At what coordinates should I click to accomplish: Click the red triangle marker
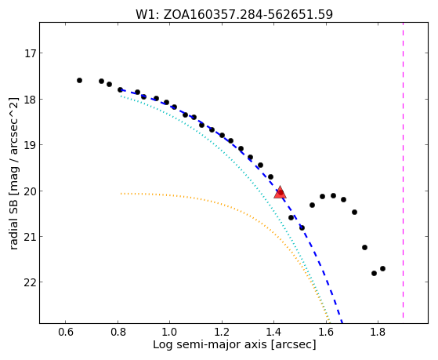[x=280, y=192]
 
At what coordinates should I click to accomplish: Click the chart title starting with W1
[x=234, y=14]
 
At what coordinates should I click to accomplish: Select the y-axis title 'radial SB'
[x=13, y=173]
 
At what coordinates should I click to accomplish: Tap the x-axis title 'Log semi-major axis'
[x=234, y=344]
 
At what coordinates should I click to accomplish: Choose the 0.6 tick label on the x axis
[x=65, y=333]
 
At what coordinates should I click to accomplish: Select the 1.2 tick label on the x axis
[x=222, y=333]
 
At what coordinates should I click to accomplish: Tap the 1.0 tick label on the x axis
[x=169, y=333]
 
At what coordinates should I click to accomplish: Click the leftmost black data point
[x=79, y=81]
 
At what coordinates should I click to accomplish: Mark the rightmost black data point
[x=382, y=268]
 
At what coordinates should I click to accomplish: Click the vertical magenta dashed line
[x=403, y=171]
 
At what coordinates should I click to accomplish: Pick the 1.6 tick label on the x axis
[x=326, y=333]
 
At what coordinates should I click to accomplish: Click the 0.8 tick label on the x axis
[x=118, y=333]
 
